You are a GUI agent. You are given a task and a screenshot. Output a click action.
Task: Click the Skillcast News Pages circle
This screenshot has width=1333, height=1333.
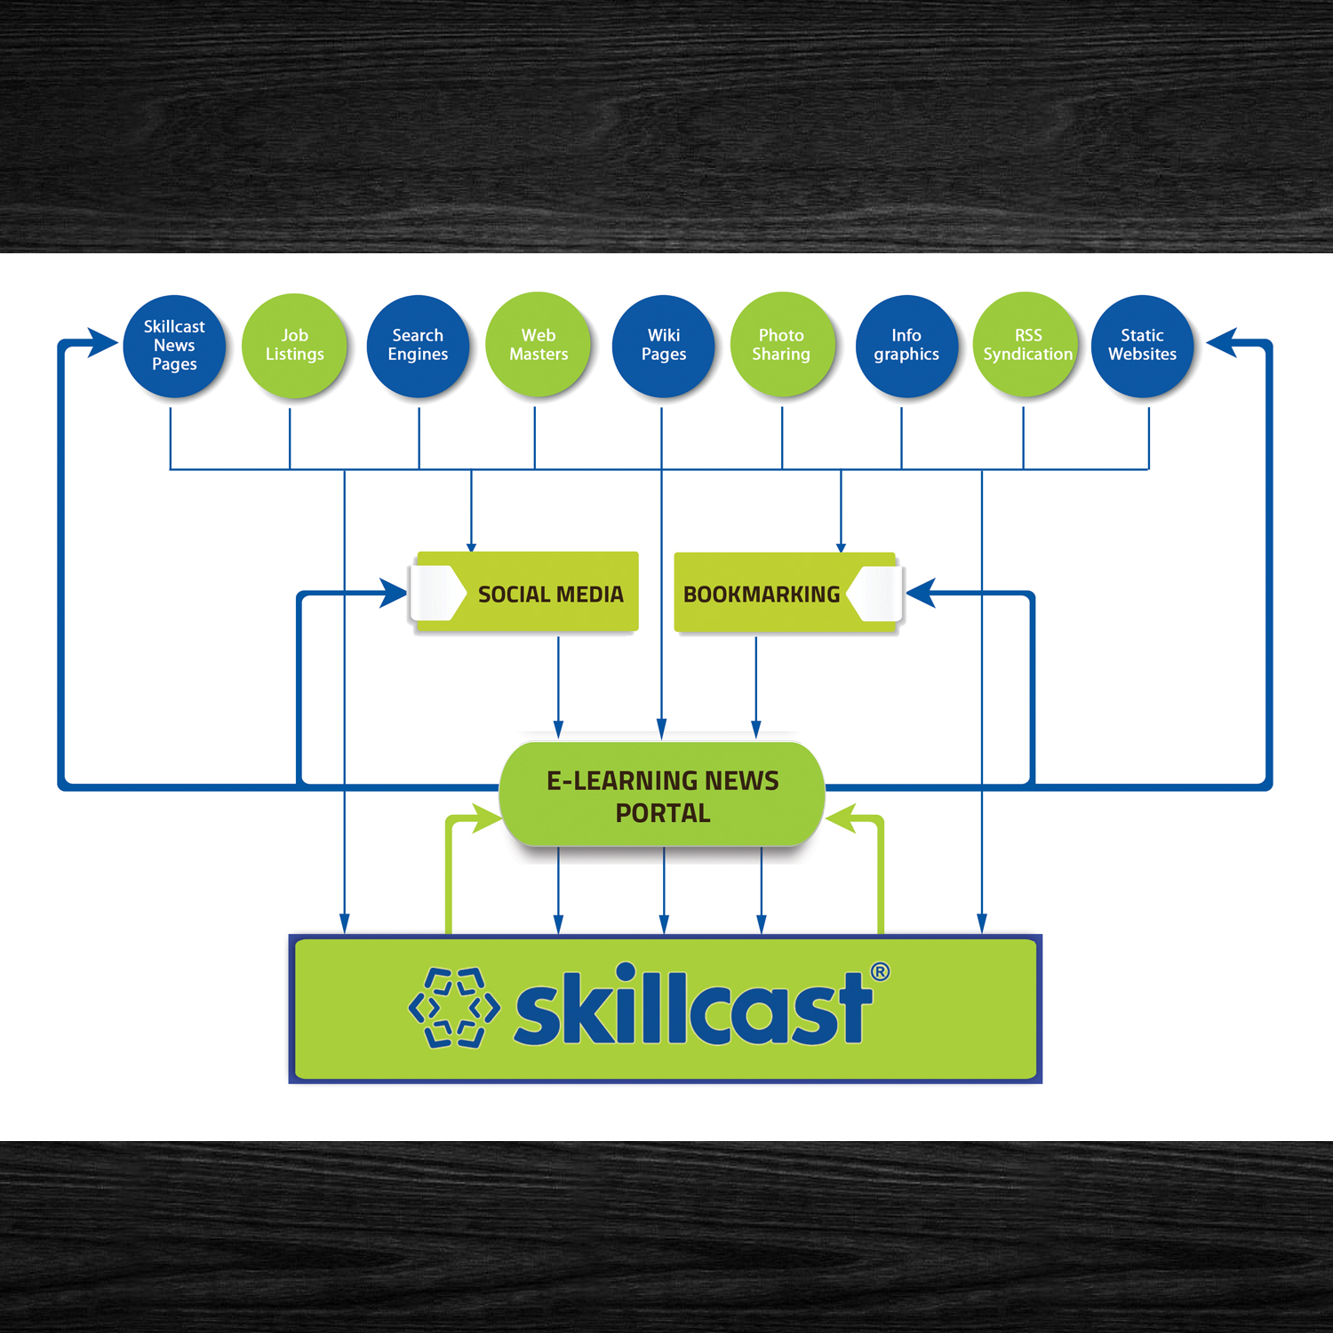click(x=174, y=346)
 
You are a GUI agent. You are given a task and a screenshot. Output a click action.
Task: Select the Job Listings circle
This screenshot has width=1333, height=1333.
click(x=294, y=345)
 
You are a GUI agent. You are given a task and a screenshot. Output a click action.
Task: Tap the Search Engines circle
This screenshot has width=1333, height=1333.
click(x=418, y=346)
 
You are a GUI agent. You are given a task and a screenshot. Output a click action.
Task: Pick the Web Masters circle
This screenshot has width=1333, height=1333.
click(x=538, y=345)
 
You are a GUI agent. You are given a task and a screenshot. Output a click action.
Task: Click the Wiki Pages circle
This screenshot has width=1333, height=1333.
click(x=664, y=346)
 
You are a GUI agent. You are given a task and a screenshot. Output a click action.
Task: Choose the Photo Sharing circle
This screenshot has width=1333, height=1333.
click(x=781, y=345)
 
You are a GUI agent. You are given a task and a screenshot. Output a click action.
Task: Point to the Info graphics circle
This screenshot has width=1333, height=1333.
click(x=906, y=346)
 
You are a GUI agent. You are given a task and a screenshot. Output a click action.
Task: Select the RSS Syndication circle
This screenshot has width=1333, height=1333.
click(x=1026, y=345)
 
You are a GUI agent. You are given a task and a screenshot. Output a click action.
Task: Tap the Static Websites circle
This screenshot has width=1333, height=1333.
click(x=1142, y=346)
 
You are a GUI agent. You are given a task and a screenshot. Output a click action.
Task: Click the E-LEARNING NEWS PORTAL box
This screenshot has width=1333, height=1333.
click(x=662, y=795)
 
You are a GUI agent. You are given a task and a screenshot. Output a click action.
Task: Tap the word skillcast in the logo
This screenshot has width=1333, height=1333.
click(x=693, y=1009)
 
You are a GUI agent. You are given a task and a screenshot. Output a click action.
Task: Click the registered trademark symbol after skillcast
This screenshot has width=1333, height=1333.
click(x=880, y=971)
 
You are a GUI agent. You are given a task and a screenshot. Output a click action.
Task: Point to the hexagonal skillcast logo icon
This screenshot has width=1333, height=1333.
click(x=454, y=1008)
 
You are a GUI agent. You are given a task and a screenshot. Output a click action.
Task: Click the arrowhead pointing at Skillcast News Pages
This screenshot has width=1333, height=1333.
click(x=103, y=342)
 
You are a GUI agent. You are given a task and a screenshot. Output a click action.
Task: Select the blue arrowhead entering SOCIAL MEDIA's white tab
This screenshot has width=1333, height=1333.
click(x=393, y=593)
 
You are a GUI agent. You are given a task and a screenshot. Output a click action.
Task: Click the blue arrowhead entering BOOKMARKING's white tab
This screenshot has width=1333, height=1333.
click(x=921, y=593)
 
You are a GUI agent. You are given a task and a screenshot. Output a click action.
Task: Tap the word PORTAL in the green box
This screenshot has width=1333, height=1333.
click(x=663, y=813)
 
